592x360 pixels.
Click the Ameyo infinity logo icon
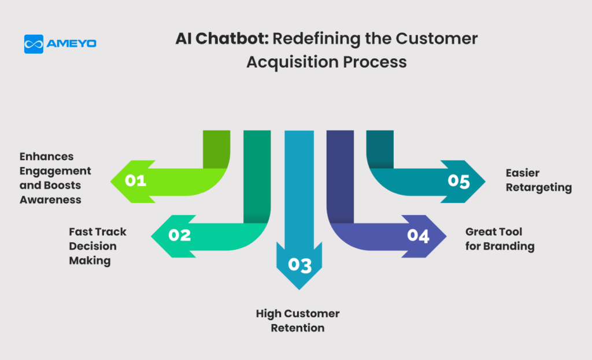(34, 44)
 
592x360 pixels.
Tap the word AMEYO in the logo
(71, 44)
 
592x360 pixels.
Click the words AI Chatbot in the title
(222, 39)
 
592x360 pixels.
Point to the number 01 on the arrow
(135, 181)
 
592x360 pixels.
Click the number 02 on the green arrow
(180, 235)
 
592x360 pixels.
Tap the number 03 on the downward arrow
(300, 265)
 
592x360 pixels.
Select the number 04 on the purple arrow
(418, 235)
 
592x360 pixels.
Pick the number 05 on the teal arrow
(458, 181)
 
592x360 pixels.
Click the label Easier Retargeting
(539, 180)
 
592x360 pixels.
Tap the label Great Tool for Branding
(500, 239)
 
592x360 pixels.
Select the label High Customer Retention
(298, 321)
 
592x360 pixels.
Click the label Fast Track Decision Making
(97, 246)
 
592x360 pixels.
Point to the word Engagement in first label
(55, 171)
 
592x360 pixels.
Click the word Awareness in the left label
(50, 199)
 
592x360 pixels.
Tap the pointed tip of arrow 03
(299, 290)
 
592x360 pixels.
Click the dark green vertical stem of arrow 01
(217, 150)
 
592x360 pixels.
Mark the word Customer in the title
(436, 39)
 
